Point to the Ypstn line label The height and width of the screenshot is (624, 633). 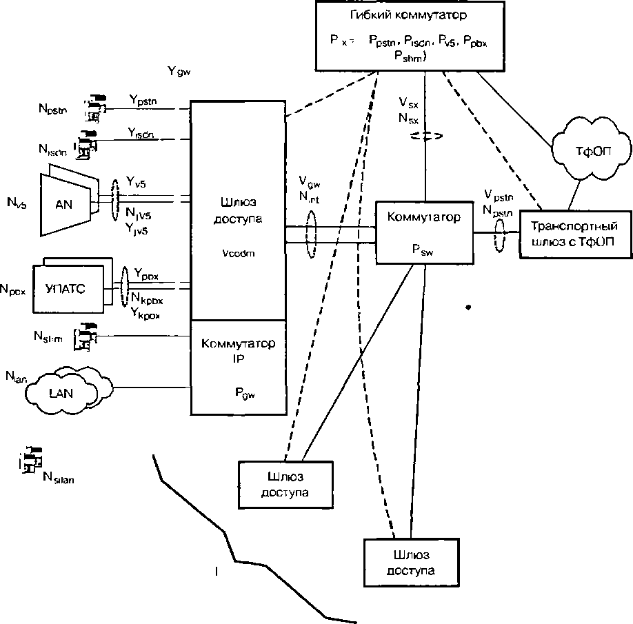(x=143, y=101)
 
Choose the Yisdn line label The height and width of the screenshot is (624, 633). (x=142, y=131)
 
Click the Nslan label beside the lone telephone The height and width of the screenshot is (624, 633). (x=58, y=477)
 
